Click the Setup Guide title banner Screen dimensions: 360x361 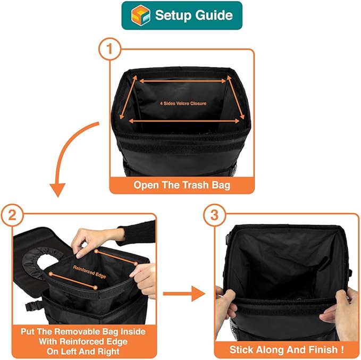tap(181, 15)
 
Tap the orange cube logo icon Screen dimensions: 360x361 tap(140, 15)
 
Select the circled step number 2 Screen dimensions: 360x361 tap(12, 216)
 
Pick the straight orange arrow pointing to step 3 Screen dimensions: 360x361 tap(184, 293)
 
